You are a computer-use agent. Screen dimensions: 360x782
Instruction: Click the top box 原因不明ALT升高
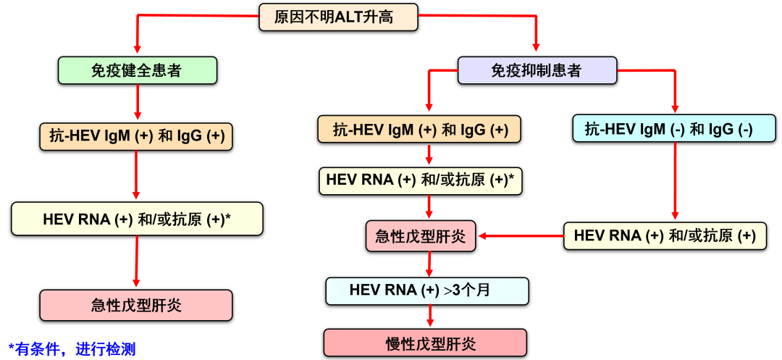pos(338,17)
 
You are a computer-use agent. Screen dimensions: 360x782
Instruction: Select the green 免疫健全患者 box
pos(137,70)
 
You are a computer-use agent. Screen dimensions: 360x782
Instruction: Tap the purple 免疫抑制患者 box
pos(537,70)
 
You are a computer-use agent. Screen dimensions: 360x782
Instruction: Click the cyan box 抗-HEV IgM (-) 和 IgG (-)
pos(674,130)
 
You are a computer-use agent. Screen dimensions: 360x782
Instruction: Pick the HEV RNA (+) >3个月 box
pos(427,290)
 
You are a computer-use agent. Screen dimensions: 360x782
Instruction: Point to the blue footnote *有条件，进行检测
pos(72,349)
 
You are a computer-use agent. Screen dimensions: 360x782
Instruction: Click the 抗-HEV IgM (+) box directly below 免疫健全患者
pos(137,135)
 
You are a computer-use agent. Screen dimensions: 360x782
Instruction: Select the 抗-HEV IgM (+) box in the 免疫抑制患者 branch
pos(419,130)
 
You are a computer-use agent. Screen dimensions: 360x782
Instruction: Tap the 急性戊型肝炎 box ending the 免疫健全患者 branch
pos(136,306)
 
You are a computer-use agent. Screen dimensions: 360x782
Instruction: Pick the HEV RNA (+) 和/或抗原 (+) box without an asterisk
pos(665,236)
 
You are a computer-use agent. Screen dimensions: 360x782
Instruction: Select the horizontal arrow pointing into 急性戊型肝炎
pos(520,235)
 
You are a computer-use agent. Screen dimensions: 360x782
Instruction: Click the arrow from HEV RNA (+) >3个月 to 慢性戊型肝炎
pos(430,317)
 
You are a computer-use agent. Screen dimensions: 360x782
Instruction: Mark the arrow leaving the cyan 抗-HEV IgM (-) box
pos(675,181)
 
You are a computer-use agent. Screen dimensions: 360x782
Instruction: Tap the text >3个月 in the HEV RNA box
pos(467,290)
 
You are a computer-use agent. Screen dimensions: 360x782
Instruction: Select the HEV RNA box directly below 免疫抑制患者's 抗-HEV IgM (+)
pos(420,180)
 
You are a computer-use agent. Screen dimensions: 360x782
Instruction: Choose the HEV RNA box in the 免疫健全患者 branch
pos(137,219)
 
